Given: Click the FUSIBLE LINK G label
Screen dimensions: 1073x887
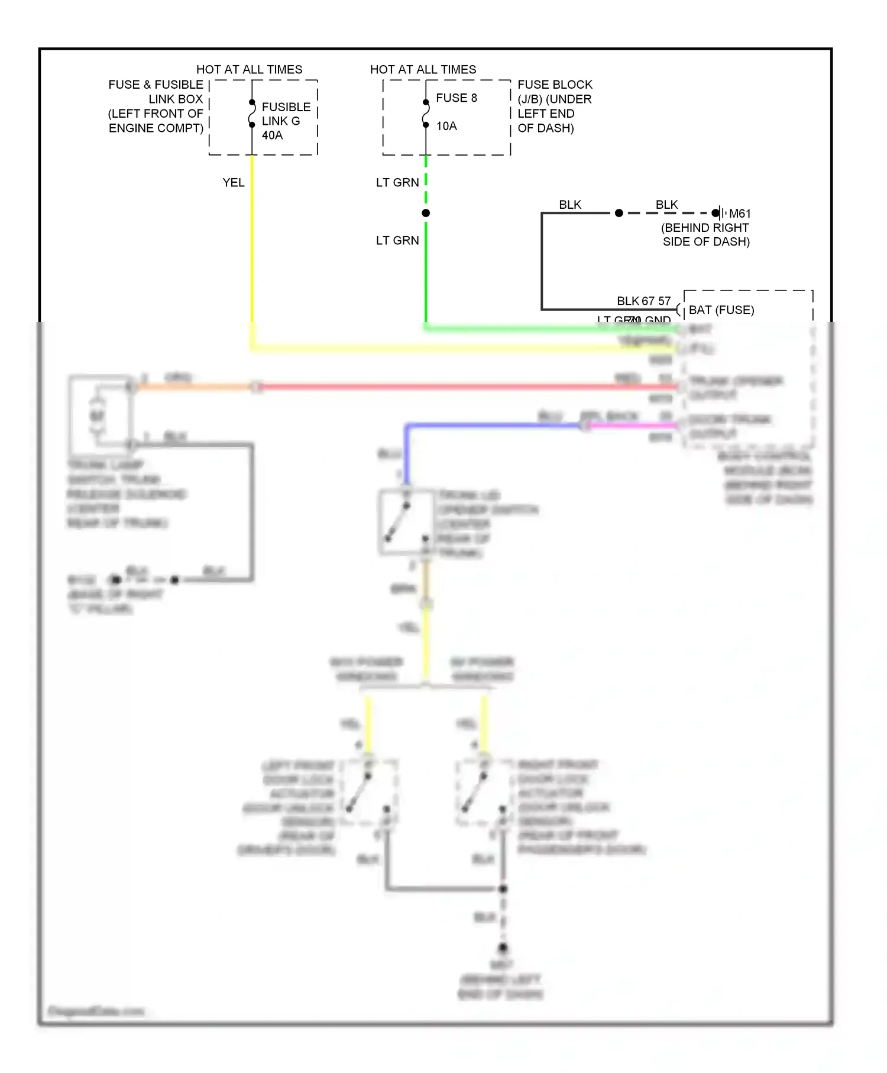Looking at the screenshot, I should (x=286, y=114).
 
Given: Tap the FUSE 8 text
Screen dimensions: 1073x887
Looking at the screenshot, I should (x=456, y=98).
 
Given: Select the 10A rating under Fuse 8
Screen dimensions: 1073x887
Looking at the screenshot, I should (x=446, y=126).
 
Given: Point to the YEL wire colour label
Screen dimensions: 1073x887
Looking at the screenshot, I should (x=233, y=183).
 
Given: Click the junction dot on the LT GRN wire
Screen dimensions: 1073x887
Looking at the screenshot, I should (x=426, y=213).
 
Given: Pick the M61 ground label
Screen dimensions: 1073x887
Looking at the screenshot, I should (x=739, y=214).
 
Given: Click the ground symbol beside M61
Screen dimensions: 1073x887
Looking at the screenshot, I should (x=720, y=213).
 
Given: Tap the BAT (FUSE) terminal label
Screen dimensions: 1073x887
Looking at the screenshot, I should (x=721, y=311).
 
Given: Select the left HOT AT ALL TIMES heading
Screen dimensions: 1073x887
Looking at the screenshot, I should (x=249, y=70).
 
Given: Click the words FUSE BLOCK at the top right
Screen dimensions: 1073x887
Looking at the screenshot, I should (x=555, y=85).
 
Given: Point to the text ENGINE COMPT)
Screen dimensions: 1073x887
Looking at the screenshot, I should (x=156, y=128).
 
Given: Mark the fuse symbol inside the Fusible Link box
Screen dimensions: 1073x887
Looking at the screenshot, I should (x=252, y=114).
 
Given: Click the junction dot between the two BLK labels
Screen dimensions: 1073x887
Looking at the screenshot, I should (x=619, y=213).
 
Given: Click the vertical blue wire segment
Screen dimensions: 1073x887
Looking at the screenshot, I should (x=406, y=453).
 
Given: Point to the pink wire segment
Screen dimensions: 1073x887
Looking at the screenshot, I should (x=633, y=425).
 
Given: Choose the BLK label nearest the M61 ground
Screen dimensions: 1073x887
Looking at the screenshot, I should (x=666, y=205).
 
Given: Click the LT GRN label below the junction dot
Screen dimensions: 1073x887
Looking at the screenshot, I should (x=397, y=241).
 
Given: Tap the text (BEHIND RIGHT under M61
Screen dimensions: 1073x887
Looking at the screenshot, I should (x=705, y=228).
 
